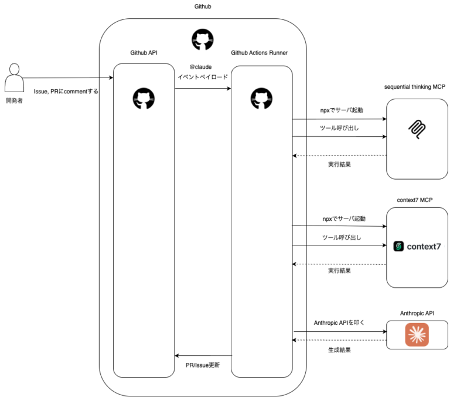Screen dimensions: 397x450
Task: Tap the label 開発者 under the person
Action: click(x=13, y=101)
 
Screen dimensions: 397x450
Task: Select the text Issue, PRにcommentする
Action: click(x=66, y=91)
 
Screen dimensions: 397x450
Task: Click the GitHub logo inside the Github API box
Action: click(x=144, y=98)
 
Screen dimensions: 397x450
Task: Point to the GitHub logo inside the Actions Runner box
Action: click(x=261, y=98)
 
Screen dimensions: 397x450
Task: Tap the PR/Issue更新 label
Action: click(x=202, y=365)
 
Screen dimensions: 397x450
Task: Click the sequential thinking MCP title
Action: click(x=415, y=87)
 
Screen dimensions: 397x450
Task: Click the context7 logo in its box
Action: click(x=417, y=247)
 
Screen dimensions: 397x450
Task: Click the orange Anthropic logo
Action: click(x=417, y=335)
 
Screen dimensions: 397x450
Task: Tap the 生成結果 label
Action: click(x=339, y=351)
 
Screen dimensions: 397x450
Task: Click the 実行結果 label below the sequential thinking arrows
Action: click(x=339, y=164)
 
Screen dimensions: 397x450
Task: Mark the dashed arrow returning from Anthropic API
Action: click(x=340, y=340)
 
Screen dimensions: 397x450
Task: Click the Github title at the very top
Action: click(x=203, y=6)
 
